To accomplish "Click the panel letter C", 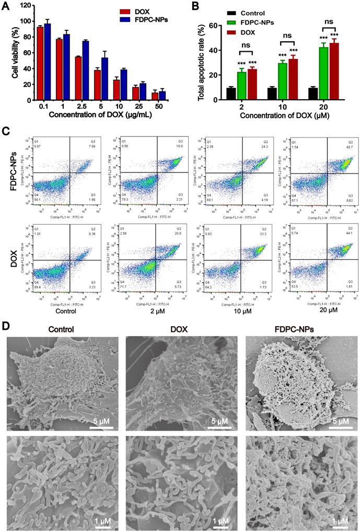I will point(6,129).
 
